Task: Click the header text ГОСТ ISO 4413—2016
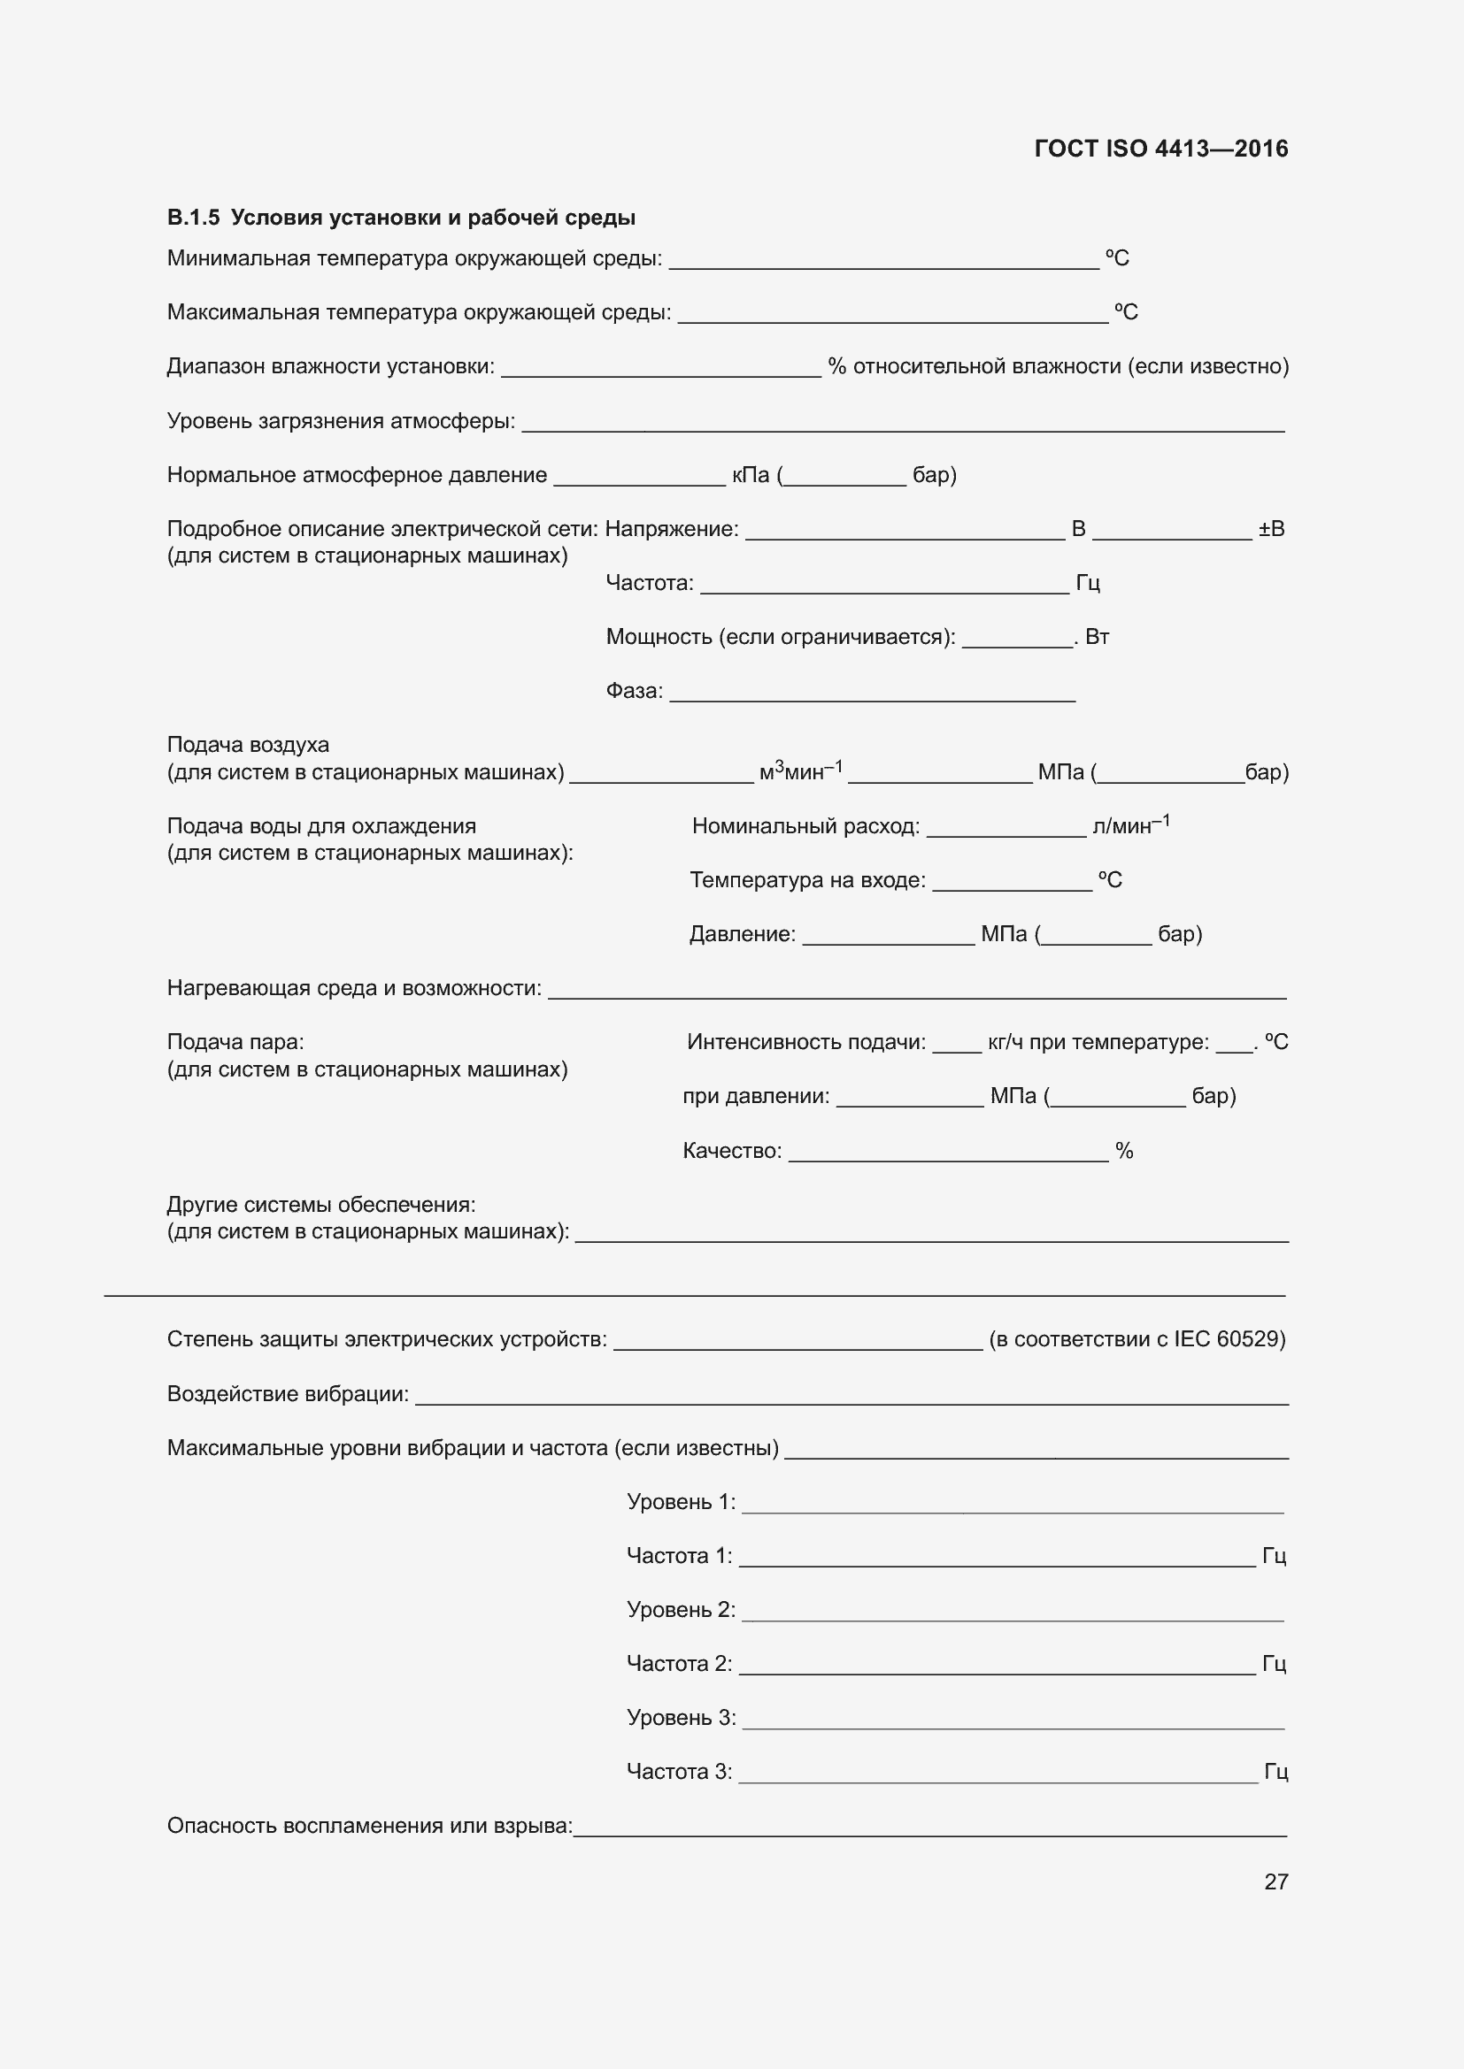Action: pyautogui.click(x=1160, y=149)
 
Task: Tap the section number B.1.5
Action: pyautogui.click(x=193, y=218)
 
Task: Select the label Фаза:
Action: pyautogui.click(x=634, y=691)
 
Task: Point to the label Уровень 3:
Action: pyautogui.click(x=681, y=1718)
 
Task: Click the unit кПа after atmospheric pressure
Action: pyautogui.click(x=750, y=475)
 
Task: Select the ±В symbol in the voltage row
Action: pyautogui.click(x=1270, y=529)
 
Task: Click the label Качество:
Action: pyautogui.click(x=732, y=1151)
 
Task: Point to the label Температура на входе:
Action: pyautogui.click(x=808, y=880)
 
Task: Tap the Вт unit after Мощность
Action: pyautogui.click(x=1097, y=637)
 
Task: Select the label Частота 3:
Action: pyautogui.click(x=679, y=1772)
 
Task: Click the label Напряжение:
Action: pyautogui.click(x=672, y=529)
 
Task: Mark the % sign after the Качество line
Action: pyautogui.click(x=1123, y=1151)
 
